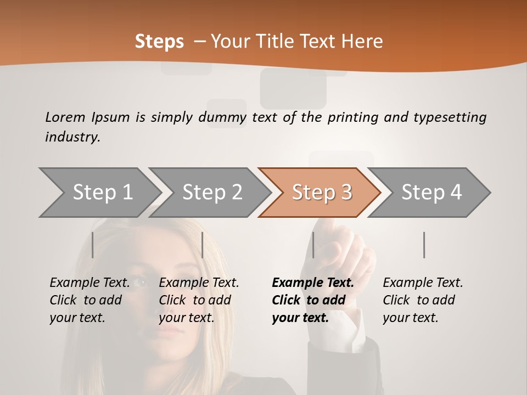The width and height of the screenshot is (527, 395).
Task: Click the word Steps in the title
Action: (159, 42)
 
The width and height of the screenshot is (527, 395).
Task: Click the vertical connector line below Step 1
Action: (93, 245)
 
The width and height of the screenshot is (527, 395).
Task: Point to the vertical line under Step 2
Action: (203, 245)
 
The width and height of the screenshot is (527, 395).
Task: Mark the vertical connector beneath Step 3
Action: (313, 245)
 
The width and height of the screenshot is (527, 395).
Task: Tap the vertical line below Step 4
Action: (424, 245)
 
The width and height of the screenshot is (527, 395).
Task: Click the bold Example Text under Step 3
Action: (312, 300)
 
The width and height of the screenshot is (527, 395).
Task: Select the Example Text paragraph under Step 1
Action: (89, 300)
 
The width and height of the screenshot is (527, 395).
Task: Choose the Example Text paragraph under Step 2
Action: (199, 300)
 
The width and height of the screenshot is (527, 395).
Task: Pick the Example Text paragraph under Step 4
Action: (423, 300)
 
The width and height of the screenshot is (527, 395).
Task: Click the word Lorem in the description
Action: (65, 117)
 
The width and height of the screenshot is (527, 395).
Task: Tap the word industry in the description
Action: (72, 137)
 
